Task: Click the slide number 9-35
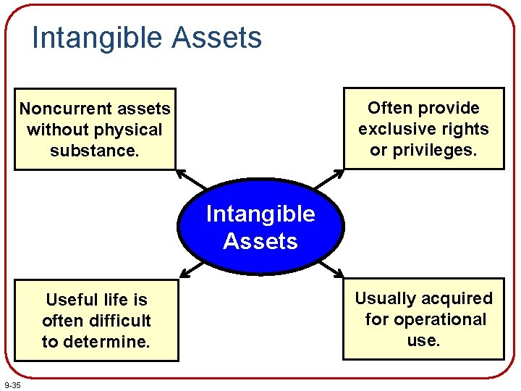(12, 384)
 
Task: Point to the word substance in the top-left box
(93, 151)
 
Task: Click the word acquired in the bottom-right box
(458, 298)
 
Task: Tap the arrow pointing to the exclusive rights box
(334, 178)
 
